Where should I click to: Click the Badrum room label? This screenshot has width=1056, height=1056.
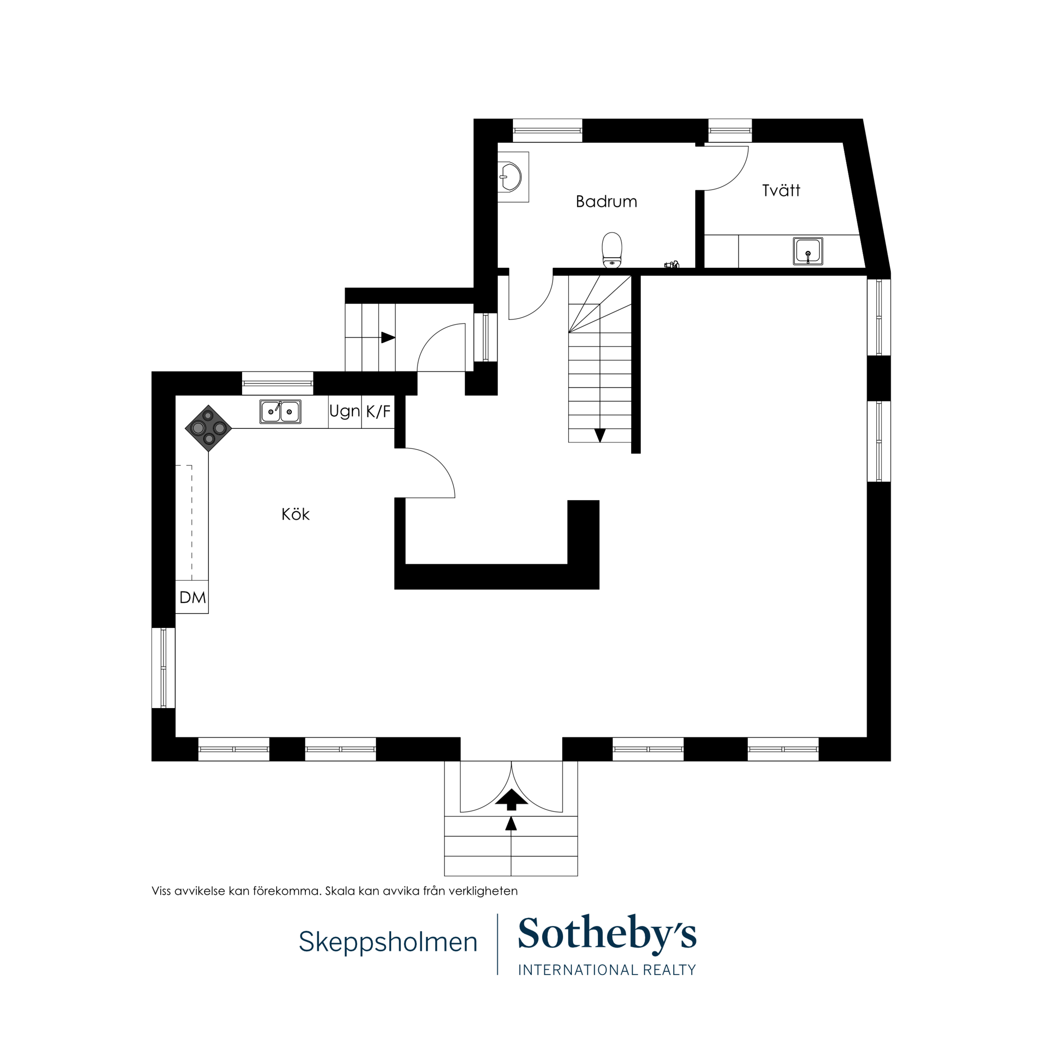click(606, 202)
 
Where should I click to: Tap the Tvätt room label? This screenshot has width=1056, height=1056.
click(781, 190)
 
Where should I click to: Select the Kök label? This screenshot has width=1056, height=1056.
click(295, 514)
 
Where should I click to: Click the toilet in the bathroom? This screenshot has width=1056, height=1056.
click(612, 251)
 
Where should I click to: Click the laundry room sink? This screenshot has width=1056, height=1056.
click(808, 251)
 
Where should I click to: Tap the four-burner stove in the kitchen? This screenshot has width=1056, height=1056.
click(208, 428)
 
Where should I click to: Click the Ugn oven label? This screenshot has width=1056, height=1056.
click(344, 411)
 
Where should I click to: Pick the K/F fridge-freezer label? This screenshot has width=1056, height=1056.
click(378, 411)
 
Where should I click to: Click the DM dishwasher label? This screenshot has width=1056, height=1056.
click(193, 597)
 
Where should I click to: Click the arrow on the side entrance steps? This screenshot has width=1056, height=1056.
click(388, 337)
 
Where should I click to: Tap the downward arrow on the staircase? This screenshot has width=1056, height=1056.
click(600, 435)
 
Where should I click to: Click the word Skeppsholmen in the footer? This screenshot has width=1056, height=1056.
click(388, 942)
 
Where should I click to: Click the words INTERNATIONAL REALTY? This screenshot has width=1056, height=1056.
click(607, 970)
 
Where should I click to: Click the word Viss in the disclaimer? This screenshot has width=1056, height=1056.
click(161, 891)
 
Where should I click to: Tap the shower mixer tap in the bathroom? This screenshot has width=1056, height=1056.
click(672, 265)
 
